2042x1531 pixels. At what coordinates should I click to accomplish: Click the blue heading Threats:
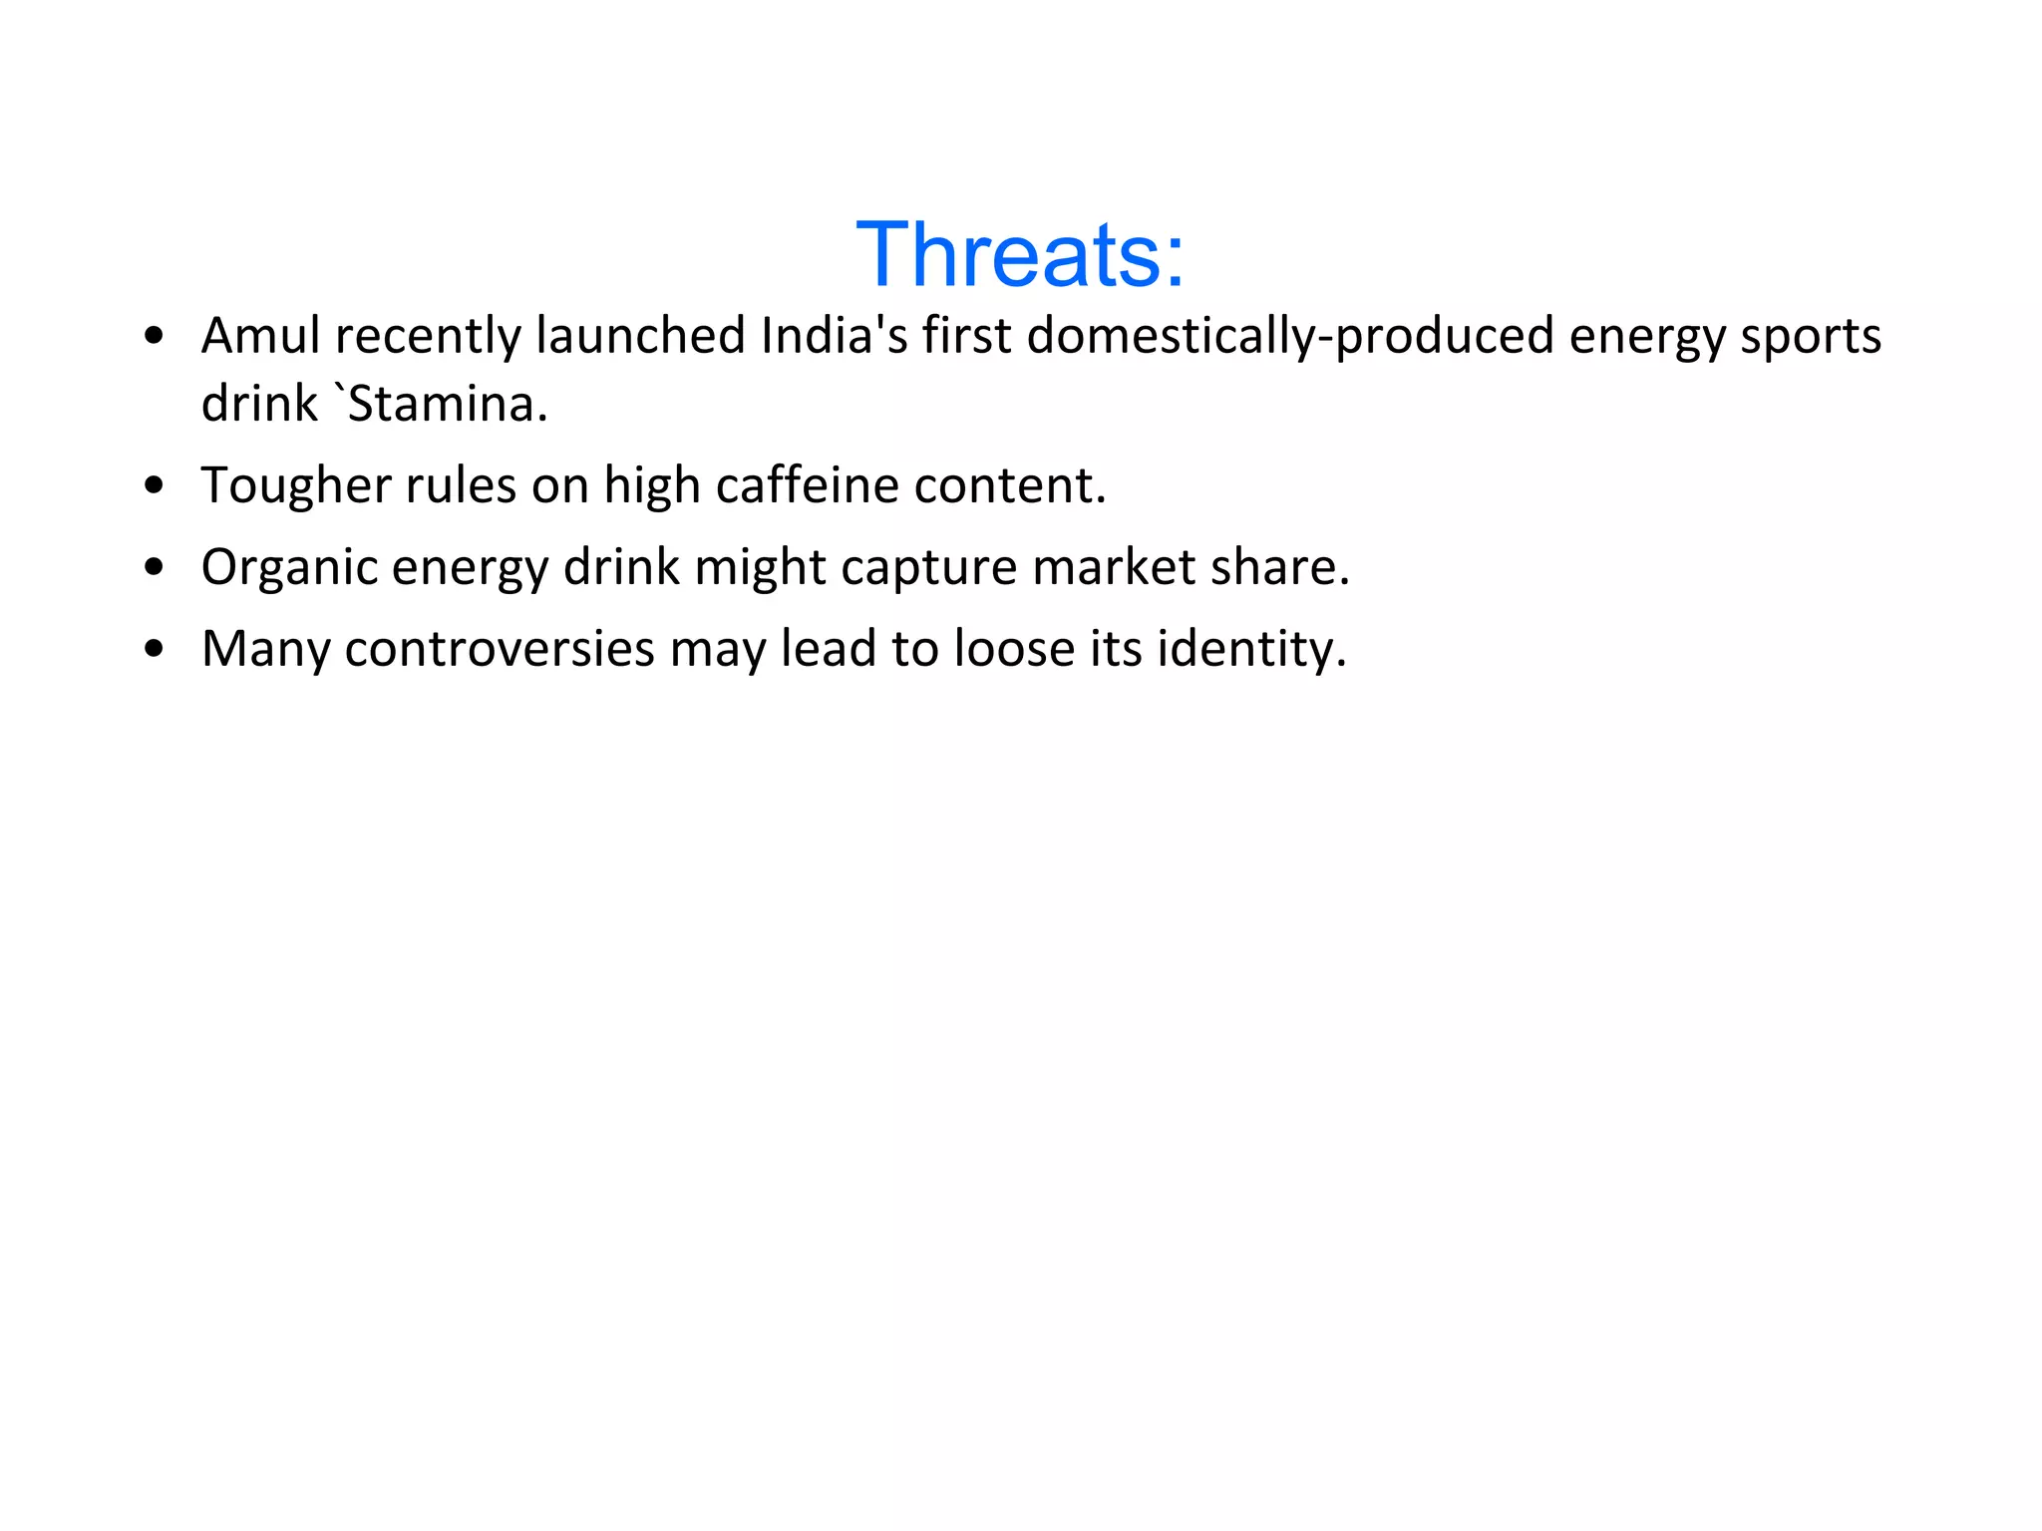coord(1020,255)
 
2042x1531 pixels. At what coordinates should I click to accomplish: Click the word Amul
coord(260,336)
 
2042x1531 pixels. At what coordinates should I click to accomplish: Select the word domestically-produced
coord(1290,336)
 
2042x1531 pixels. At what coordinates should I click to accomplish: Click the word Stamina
coord(447,405)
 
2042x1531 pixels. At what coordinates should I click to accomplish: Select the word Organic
coord(289,567)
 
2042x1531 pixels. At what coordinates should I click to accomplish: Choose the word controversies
coord(500,649)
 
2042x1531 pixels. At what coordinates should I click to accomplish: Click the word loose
coord(1013,649)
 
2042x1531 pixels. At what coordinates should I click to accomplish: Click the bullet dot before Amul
coord(154,337)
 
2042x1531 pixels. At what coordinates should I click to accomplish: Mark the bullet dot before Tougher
coord(154,486)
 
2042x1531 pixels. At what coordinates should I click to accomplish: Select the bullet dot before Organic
coord(154,568)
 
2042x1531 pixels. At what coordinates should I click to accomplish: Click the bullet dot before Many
coord(154,650)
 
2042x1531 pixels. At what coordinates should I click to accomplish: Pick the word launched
coord(640,336)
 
